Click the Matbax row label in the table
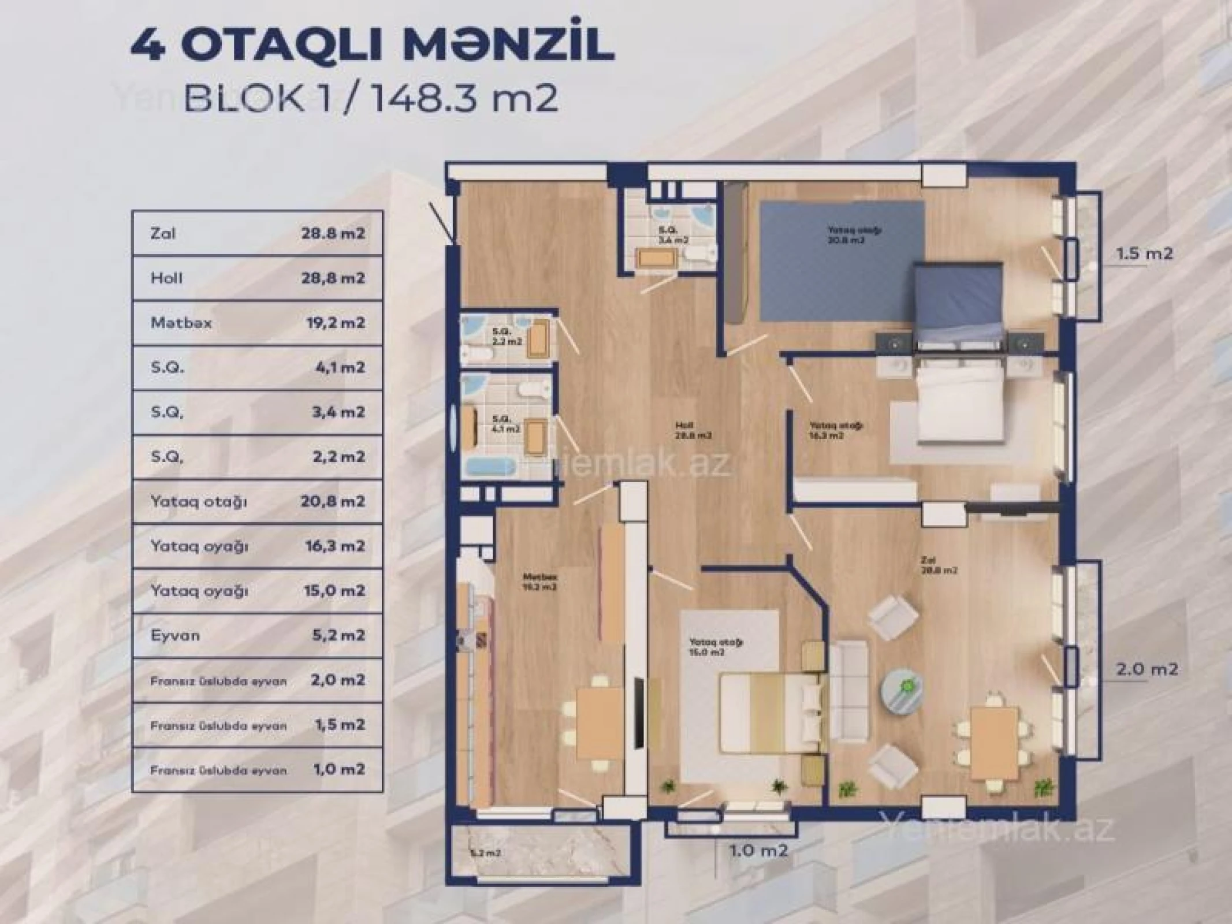pyautogui.click(x=181, y=323)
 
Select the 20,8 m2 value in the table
pyautogui.click(x=332, y=501)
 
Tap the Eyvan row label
pyautogui.click(x=175, y=635)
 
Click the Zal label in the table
pyautogui.click(x=163, y=234)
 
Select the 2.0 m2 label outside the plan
pyautogui.click(x=1147, y=670)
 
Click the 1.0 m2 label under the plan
pyautogui.click(x=758, y=851)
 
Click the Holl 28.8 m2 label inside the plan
pyautogui.click(x=693, y=431)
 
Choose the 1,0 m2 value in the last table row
pyautogui.click(x=338, y=770)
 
